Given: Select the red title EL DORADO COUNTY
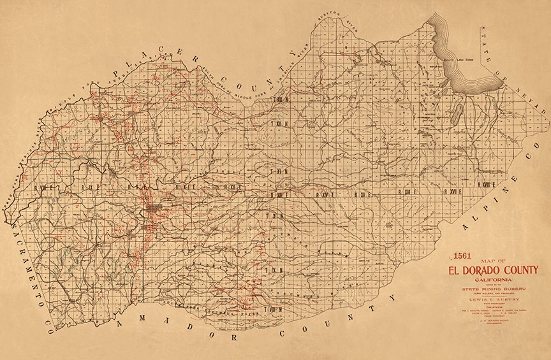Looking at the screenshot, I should click(x=493, y=270).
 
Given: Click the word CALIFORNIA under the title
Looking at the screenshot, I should click(x=493, y=280).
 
